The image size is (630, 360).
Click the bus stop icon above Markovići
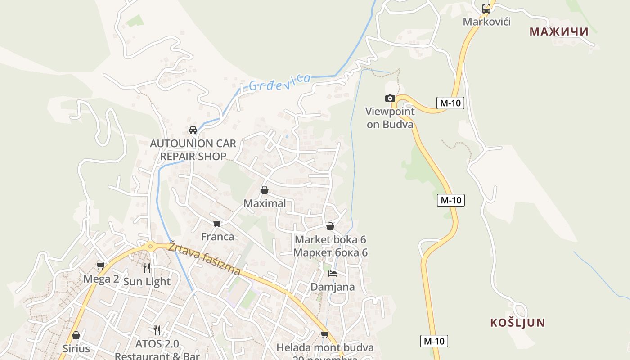coord(486,8)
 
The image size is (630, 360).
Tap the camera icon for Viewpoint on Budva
coord(390,98)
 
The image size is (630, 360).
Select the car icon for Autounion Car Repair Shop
coord(193,130)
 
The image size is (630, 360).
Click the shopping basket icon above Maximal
coord(265,190)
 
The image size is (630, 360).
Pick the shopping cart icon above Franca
coord(217,223)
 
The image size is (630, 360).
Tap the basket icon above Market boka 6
coord(330,226)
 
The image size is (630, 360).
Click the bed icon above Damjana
coord(333,273)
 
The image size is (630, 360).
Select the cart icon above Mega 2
coord(101,265)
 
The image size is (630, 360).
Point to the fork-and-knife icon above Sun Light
coord(147,268)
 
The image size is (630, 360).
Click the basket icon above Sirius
coord(76,335)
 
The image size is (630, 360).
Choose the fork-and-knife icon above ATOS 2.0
coord(157,330)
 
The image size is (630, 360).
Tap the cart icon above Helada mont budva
coord(324,334)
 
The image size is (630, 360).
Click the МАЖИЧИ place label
coord(559,31)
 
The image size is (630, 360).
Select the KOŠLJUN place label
coord(517,323)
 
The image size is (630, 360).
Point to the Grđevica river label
coord(279,82)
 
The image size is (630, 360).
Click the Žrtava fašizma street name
coord(205,259)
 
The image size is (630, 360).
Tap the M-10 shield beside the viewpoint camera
coord(450,103)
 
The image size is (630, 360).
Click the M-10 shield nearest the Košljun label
coord(434,341)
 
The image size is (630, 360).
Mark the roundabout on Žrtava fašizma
coord(150,246)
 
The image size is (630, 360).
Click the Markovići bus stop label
coord(487,22)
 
